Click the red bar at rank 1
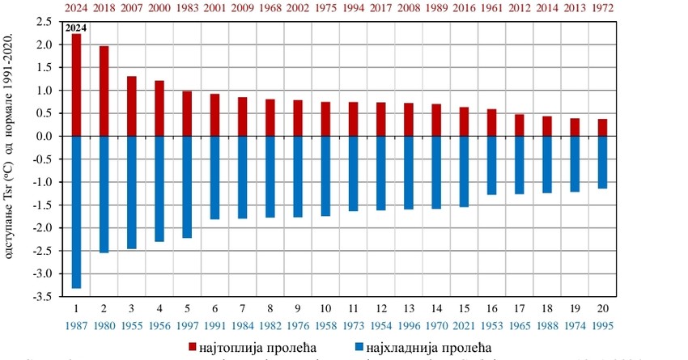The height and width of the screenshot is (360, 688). [x=76, y=85]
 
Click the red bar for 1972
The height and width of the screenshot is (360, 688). [x=602, y=128]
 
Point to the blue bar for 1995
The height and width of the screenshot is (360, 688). [x=602, y=163]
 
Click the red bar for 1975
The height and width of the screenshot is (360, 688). [x=325, y=119]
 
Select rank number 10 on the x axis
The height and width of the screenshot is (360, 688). [x=325, y=309]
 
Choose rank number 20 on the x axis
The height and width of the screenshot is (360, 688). [x=602, y=309]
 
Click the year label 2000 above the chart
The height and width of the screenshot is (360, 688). [x=159, y=6]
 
